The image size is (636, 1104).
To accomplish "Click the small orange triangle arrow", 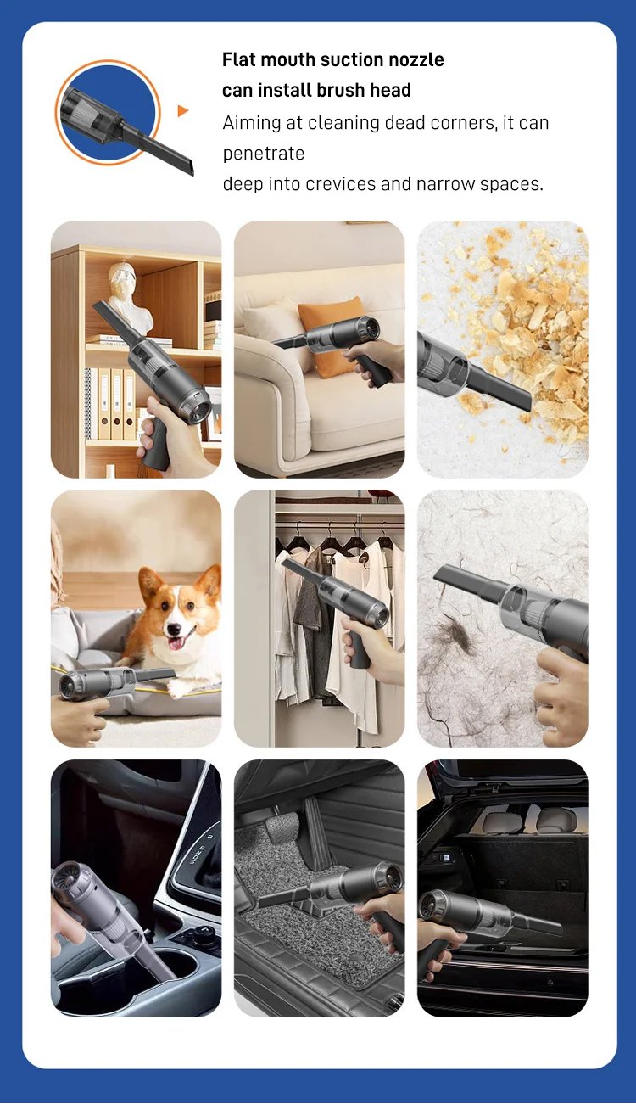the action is [183, 111].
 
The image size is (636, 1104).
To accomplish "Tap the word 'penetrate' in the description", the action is [264, 154].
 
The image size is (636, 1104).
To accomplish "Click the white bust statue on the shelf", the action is [131, 298].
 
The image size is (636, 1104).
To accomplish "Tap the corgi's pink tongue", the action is [176, 642].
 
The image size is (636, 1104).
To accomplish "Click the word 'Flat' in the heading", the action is [239, 59].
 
